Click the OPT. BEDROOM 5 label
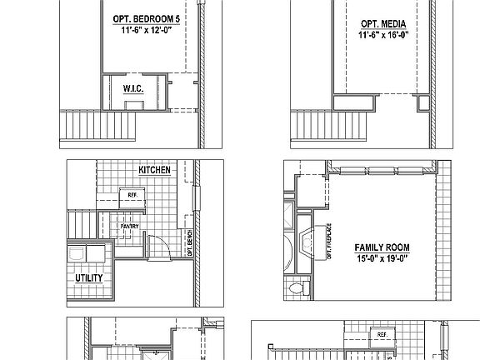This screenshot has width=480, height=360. coord(146,17)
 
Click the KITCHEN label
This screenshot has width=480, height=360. coord(154,170)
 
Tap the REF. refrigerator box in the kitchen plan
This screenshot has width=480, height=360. coord(132,197)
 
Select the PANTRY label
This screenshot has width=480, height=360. coord(130,226)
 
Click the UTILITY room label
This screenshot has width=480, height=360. coord(90,278)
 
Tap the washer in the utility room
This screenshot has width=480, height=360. coord(76,252)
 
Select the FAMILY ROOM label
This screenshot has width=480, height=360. coord(381,247)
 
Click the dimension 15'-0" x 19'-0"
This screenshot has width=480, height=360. coord(381,258)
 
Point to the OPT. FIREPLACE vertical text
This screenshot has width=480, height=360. coord(328,242)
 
